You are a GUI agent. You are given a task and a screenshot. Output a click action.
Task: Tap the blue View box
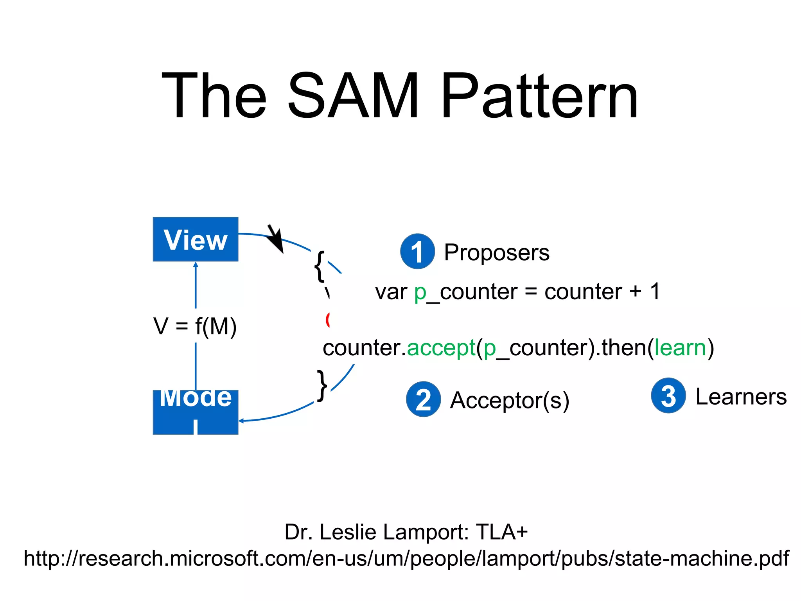click(x=195, y=239)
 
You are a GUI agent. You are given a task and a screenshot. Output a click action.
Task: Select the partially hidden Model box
click(x=195, y=412)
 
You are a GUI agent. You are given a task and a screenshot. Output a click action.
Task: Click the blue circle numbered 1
click(x=417, y=252)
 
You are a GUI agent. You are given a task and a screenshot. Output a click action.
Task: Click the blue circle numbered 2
click(x=423, y=399)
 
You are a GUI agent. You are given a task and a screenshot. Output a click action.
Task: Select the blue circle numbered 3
click(x=668, y=395)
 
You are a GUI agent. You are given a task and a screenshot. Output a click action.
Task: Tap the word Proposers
click(x=496, y=252)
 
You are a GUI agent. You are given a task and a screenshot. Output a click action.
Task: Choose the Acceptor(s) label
click(x=509, y=400)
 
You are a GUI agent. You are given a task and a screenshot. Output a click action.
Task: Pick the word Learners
click(x=741, y=396)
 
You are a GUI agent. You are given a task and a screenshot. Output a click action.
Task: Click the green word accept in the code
click(x=441, y=347)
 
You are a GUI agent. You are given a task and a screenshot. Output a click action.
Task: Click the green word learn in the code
click(x=680, y=347)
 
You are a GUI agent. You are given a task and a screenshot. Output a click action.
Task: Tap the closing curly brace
click(x=322, y=385)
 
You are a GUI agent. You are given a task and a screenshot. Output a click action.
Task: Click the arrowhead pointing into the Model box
click(x=241, y=421)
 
